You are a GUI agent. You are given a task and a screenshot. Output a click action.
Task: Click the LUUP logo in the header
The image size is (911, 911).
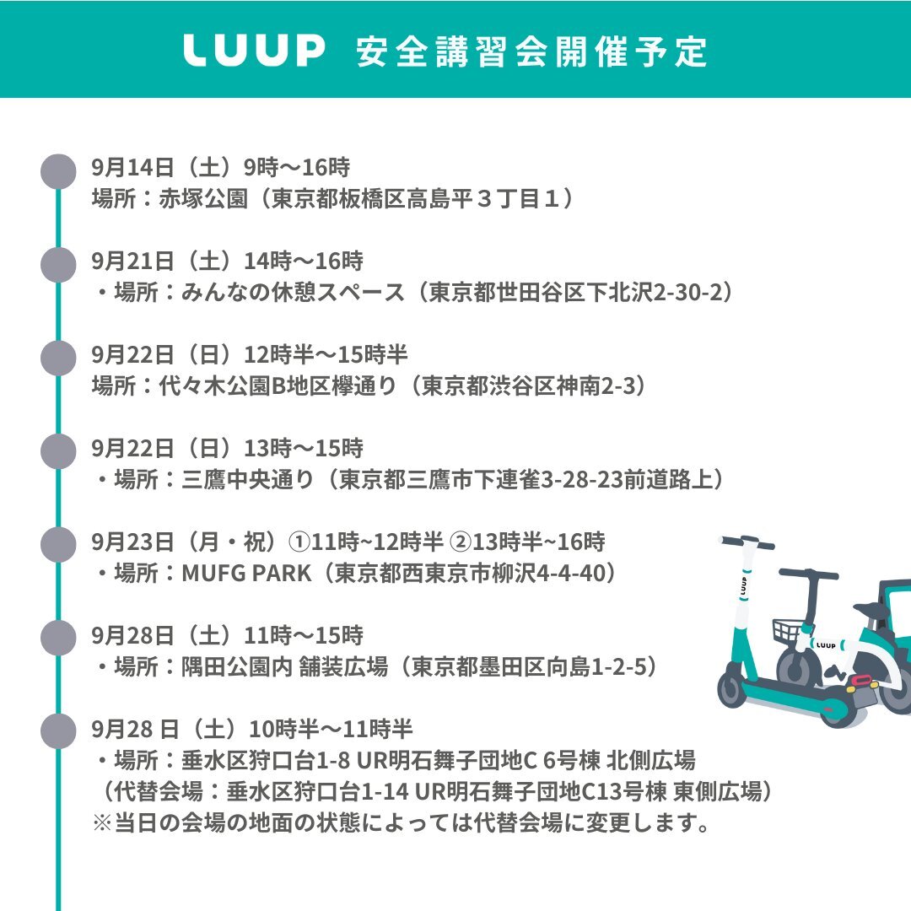(253, 51)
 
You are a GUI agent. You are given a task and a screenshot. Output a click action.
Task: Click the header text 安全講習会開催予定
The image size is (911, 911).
(531, 51)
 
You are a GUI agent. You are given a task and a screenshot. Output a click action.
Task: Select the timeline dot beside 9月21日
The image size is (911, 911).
(58, 264)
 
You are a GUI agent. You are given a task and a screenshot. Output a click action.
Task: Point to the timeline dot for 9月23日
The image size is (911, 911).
(58, 545)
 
